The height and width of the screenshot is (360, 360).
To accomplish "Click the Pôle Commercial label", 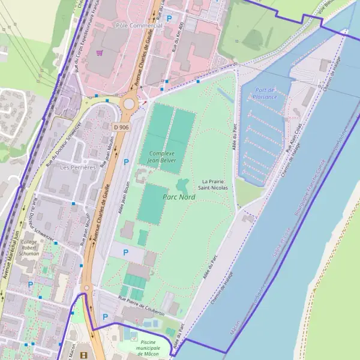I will click(139, 26).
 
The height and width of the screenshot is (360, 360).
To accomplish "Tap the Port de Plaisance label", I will click(265, 93).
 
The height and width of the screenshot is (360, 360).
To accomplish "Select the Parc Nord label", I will click(179, 196).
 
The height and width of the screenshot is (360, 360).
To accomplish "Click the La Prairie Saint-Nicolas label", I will click(215, 184).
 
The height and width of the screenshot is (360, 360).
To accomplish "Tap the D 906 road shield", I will click(120, 127).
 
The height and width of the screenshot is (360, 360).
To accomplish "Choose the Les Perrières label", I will click(77, 167).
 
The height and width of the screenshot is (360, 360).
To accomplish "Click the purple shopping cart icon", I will click(100, 53).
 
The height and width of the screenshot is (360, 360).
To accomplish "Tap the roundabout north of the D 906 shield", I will click(128, 104).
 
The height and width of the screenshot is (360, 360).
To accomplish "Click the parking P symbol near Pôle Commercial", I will click(169, 19).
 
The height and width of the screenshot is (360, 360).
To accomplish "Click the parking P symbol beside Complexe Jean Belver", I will click(126, 162).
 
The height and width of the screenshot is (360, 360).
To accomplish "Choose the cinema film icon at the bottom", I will click(83, 355).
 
